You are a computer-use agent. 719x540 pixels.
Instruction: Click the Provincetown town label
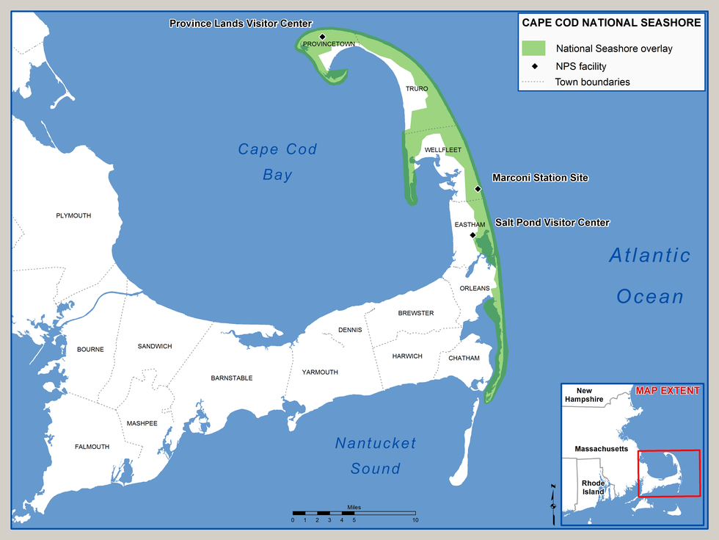tap(329, 45)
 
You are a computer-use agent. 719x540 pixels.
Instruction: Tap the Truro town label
tap(417, 89)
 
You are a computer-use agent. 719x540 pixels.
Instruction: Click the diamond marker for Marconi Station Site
tap(478, 189)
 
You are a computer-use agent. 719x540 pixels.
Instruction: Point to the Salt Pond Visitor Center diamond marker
tap(473, 235)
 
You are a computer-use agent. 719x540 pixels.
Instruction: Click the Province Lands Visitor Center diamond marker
tap(322, 36)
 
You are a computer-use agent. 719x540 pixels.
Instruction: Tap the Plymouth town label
tap(73, 216)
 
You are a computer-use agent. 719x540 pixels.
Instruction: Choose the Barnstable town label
tap(231, 378)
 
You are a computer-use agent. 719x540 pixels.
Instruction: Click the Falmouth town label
tap(92, 447)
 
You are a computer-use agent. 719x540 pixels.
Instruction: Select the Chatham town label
tap(464, 359)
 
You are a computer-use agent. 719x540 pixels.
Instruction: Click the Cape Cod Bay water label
tap(277, 162)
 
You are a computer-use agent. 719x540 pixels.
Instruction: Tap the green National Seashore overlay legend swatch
tap(533, 48)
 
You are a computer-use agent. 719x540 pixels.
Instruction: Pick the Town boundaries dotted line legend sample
tap(533, 82)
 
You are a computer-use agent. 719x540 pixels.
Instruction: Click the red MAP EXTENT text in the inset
tap(668, 391)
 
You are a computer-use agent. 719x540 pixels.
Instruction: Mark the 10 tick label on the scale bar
tap(415, 520)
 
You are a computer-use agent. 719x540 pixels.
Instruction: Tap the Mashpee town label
tap(142, 423)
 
